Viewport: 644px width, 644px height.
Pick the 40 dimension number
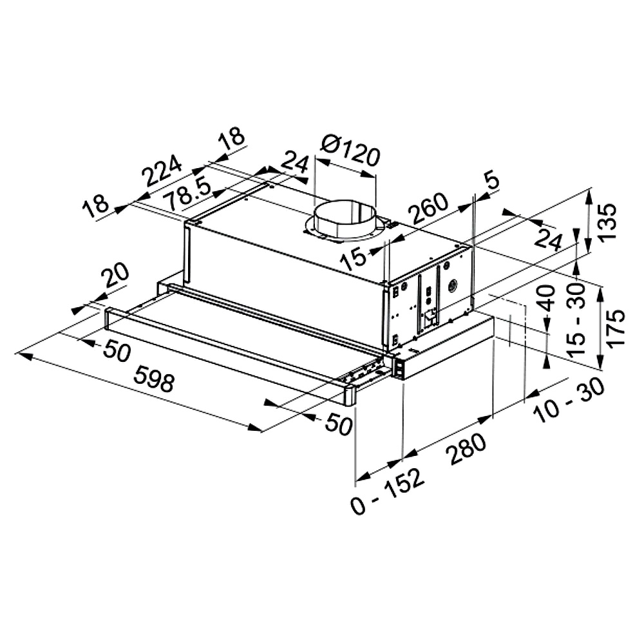coord(547,299)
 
